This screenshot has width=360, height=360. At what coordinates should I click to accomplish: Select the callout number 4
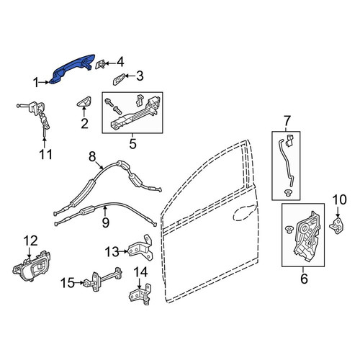pos(120,62)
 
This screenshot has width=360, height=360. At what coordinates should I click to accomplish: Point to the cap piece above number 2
pos(84,102)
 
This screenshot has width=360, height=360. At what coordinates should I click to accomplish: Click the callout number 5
pos(132,143)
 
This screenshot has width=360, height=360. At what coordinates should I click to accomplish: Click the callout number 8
pos(92,157)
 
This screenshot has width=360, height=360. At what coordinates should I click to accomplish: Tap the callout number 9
pos(106,222)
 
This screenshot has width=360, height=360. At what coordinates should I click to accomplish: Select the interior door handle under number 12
pos(31,266)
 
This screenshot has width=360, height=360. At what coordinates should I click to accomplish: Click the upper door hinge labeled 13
pos(141,248)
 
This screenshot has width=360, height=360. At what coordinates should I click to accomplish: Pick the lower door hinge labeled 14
pos(140,294)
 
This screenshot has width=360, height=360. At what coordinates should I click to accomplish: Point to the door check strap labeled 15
pos(103,278)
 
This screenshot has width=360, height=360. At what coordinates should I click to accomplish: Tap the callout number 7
pos(287,121)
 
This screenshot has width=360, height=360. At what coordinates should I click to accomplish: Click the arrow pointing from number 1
pos(45,82)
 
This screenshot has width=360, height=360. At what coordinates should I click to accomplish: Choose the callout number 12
pos(31,240)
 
